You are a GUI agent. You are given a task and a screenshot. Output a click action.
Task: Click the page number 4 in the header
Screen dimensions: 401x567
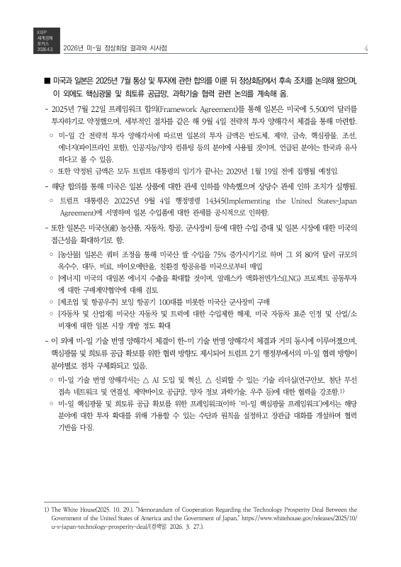pos(362,48)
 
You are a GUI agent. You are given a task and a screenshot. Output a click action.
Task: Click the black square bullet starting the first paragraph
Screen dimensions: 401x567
pos(47,81)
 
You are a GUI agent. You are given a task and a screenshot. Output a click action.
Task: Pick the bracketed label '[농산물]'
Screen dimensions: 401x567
pos(72,270)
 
